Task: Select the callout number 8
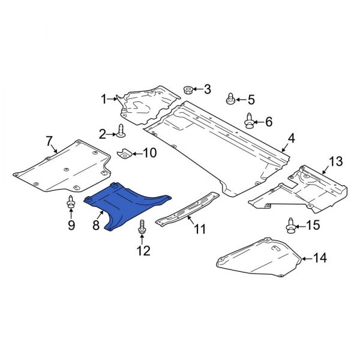pyautogui.click(x=95, y=226)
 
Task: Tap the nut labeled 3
pyautogui.click(x=187, y=91)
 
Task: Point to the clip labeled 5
pyautogui.click(x=230, y=99)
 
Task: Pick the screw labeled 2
pyautogui.click(x=122, y=131)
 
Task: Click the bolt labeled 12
pyautogui.click(x=143, y=227)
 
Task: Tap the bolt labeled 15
pyautogui.click(x=290, y=226)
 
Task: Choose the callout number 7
pyautogui.click(x=49, y=141)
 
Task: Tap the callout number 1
pyautogui.click(x=103, y=98)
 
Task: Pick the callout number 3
pyautogui.click(x=207, y=90)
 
